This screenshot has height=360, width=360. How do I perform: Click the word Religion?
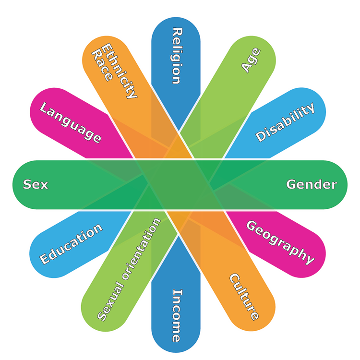176,56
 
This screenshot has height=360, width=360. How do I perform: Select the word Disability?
286,122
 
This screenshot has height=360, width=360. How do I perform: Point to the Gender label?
312,184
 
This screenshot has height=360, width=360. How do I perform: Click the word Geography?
280,242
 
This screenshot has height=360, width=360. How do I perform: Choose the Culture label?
244,297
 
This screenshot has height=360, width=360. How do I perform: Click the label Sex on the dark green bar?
36,184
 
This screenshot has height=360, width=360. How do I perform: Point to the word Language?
71,123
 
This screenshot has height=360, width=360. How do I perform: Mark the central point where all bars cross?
179,185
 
